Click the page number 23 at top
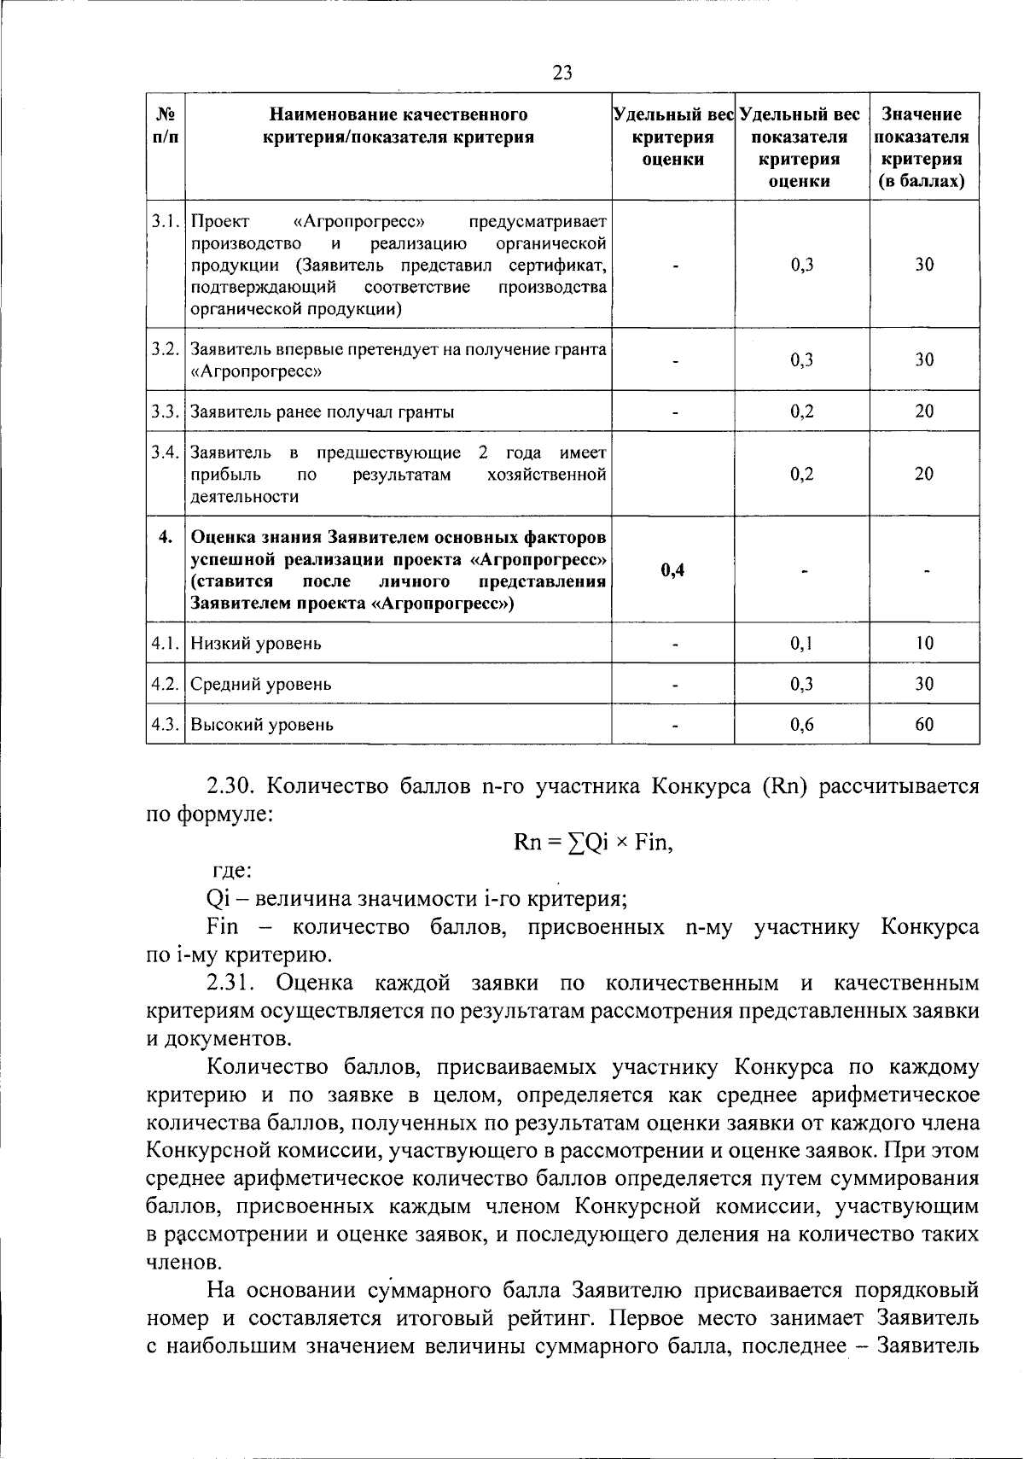click(x=562, y=73)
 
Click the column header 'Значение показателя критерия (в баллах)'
click(x=923, y=147)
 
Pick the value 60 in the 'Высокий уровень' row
click(x=924, y=725)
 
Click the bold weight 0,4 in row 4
click(x=673, y=570)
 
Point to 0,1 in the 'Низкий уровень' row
click(x=801, y=643)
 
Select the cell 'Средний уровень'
click(x=261, y=684)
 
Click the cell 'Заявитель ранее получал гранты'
click(x=322, y=411)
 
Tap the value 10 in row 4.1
click(x=924, y=643)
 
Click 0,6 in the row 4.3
click(x=801, y=725)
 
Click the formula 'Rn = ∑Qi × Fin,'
click(x=594, y=843)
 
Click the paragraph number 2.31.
click(x=233, y=983)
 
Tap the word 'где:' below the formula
click(x=231, y=872)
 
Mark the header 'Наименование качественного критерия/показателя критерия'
click(x=398, y=125)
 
